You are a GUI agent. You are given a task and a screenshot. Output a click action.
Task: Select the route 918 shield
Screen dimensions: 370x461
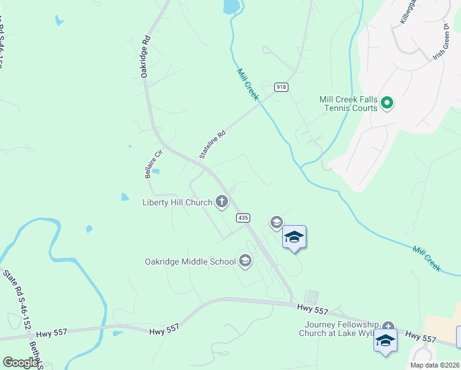[x=281, y=87]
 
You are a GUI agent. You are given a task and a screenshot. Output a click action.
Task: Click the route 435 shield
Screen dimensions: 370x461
[x=243, y=218]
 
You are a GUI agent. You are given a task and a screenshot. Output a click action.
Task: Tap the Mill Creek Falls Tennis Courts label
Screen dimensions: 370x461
[x=348, y=104]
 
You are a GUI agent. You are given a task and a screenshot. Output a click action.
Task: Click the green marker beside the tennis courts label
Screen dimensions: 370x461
[x=387, y=103]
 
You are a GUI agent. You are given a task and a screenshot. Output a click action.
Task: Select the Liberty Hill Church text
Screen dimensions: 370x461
[x=177, y=202]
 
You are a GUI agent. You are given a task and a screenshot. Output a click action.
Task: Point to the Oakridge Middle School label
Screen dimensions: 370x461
[x=190, y=261]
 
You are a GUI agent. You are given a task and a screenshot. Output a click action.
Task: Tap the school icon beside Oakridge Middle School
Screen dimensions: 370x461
[x=245, y=261]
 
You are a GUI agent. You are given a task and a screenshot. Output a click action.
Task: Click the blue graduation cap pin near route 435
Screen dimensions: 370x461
[x=294, y=237]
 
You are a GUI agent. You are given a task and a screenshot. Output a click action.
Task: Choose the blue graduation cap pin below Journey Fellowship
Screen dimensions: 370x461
[x=385, y=340]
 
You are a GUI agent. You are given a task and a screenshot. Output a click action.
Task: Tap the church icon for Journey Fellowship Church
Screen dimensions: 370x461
[x=388, y=327]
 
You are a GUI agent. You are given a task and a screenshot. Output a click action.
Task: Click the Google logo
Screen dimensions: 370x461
[x=20, y=363]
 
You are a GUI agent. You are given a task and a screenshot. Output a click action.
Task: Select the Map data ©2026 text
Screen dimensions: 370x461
[x=434, y=365]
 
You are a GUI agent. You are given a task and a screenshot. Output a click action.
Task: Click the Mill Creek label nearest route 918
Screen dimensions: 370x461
[x=248, y=84]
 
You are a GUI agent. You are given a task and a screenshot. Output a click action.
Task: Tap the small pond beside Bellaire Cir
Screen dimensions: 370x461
[x=155, y=171]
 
